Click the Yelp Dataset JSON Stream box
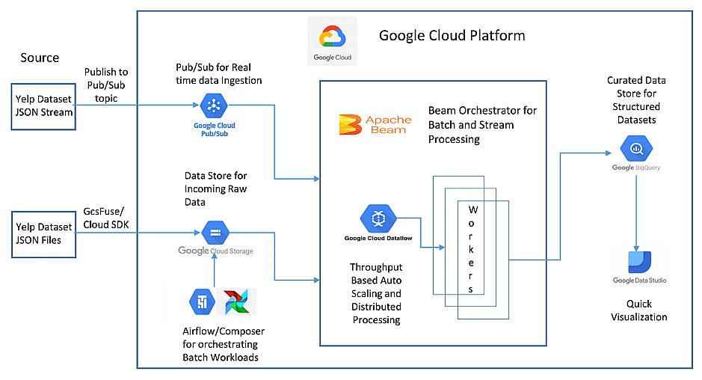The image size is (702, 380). tap(45, 107)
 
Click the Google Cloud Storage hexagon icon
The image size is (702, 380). tap(215, 233)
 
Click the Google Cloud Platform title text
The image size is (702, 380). tap(452, 35)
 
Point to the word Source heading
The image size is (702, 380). tap(40, 58)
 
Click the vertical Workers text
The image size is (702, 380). tap(472, 248)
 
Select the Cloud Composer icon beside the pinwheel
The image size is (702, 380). tap(202, 301)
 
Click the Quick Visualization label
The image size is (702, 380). tap(639, 310)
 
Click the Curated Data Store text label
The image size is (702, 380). tap(635, 100)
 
